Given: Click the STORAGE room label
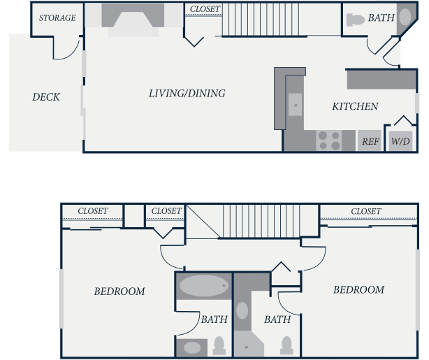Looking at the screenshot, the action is [x=57, y=17].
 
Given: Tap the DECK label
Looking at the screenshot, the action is [x=46, y=97].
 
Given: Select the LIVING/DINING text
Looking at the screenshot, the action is [x=187, y=94].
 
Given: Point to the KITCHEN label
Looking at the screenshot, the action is [x=355, y=106].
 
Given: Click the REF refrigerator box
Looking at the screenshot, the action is [x=370, y=141].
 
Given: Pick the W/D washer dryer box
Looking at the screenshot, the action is [x=400, y=141].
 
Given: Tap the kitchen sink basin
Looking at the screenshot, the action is [x=296, y=105].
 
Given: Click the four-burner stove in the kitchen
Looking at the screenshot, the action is [x=329, y=141].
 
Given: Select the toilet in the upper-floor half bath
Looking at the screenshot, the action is [x=355, y=20].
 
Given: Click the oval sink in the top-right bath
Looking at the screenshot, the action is [x=405, y=17].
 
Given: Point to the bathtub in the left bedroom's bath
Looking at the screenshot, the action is [x=203, y=285].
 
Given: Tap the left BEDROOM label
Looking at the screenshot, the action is [x=119, y=291].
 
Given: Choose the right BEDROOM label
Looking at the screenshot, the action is [x=358, y=289].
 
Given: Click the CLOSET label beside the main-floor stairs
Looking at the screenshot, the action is [x=205, y=9].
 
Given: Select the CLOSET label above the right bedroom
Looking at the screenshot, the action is [x=366, y=211].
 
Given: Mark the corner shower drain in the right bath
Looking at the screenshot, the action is [x=247, y=347].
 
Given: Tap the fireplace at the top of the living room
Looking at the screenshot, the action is [x=133, y=20].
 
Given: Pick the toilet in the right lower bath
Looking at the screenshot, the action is [x=286, y=345].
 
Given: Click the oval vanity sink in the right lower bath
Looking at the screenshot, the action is [x=242, y=311].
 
